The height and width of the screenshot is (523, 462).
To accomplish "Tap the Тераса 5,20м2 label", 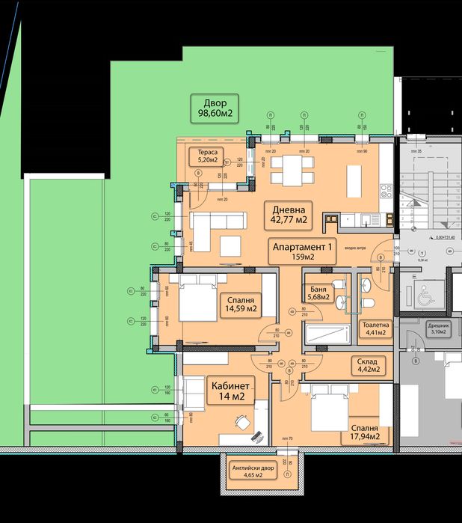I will tap(203, 155).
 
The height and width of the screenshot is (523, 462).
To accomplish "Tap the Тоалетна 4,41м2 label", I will tap(375, 329).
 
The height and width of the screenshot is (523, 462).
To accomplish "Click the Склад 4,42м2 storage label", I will tap(367, 365).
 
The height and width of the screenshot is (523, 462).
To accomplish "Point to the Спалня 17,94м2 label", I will tap(363, 432).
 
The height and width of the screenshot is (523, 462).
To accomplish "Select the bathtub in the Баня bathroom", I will tap(326, 334).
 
